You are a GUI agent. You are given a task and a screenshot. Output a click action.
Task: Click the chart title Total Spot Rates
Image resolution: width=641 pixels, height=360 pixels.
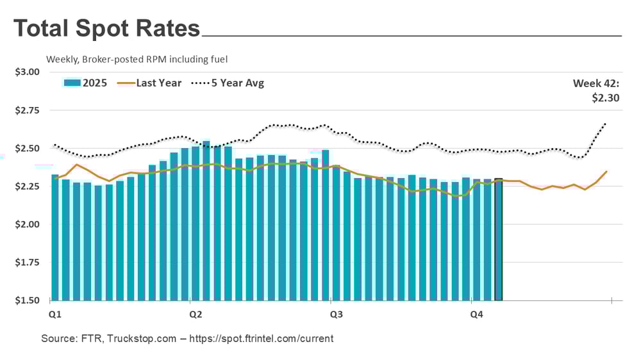click(106, 29)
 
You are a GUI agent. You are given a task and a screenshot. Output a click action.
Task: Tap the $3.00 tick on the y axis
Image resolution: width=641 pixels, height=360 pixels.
click(27, 72)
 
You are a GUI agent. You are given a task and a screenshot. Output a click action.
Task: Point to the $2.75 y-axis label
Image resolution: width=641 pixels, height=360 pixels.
click(27, 110)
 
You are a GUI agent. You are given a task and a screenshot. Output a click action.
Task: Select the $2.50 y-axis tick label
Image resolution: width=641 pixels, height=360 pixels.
click(27, 148)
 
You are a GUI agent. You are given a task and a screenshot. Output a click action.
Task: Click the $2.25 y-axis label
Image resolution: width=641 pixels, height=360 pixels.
click(27, 186)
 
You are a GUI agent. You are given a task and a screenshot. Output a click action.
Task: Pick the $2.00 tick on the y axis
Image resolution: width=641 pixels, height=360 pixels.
click(27, 224)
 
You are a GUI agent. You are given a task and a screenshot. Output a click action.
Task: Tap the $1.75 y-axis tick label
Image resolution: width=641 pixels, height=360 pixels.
click(27, 262)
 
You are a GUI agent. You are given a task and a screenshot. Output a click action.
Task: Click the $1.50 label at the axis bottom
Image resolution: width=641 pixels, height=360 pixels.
click(27, 300)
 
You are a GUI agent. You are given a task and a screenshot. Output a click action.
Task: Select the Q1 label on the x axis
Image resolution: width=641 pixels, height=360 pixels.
click(56, 315)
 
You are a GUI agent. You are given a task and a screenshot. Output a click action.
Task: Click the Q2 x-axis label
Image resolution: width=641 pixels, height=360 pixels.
click(196, 315)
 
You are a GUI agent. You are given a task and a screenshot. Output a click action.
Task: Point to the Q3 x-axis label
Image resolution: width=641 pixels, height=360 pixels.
click(335, 315)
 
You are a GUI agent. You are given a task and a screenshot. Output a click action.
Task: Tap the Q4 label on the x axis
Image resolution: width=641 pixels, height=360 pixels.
click(476, 315)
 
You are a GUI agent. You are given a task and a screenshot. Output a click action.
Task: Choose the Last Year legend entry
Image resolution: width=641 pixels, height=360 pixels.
click(158, 83)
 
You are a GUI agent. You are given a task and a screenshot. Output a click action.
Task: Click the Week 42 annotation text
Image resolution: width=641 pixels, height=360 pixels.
click(596, 83)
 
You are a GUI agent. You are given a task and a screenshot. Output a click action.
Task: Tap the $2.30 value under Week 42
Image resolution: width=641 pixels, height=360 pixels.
click(606, 98)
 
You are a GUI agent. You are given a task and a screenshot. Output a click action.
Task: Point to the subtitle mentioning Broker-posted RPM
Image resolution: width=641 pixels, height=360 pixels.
click(137, 59)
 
